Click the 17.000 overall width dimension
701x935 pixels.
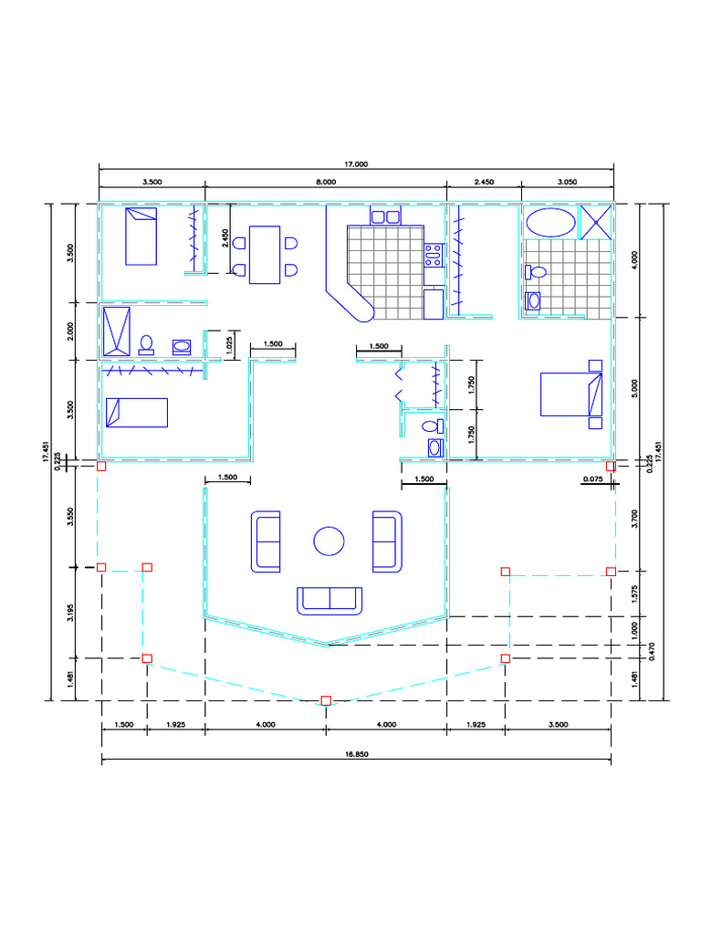pos(356,164)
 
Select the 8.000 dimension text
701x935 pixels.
pos(326,182)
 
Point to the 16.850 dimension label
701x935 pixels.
pos(357,754)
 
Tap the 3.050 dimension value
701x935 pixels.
pos(567,182)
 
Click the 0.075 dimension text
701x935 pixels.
pos(592,478)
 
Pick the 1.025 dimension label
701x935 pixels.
pos(230,345)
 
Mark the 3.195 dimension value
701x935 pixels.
pos(70,613)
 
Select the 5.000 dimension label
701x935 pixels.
pos(634,388)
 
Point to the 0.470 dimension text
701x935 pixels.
pos(652,651)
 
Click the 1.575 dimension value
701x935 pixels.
pos(634,594)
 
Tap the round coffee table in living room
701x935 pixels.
pos(329,541)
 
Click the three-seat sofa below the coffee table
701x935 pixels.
pos(329,601)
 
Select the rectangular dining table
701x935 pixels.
pos(265,255)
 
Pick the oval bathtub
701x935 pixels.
pos(550,223)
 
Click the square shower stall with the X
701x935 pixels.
pos(596,222)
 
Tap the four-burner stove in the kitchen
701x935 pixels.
pos(434,255)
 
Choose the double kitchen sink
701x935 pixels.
pos(386,216)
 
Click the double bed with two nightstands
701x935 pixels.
pos(571,394)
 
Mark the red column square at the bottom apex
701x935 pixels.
pos(326,700)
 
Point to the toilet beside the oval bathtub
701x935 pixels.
pos(536,272)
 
